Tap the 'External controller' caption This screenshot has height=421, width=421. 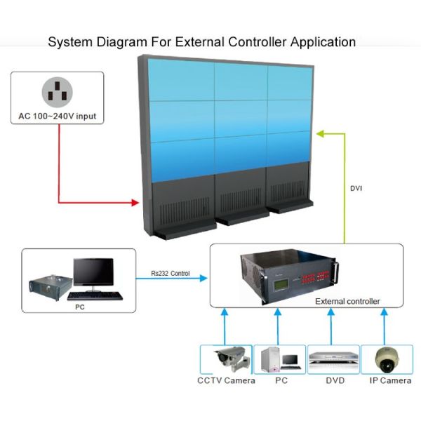[347, 301]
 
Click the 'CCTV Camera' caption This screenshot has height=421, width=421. [226, 381]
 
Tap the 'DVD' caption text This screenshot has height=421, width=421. [335, 381]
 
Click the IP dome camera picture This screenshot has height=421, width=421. [385, 359]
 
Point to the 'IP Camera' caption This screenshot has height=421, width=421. [390, 381]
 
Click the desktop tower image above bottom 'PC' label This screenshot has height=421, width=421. [272, 359]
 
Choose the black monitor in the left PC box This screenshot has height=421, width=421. [93, 273]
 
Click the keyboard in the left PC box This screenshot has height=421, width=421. [99, 295]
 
